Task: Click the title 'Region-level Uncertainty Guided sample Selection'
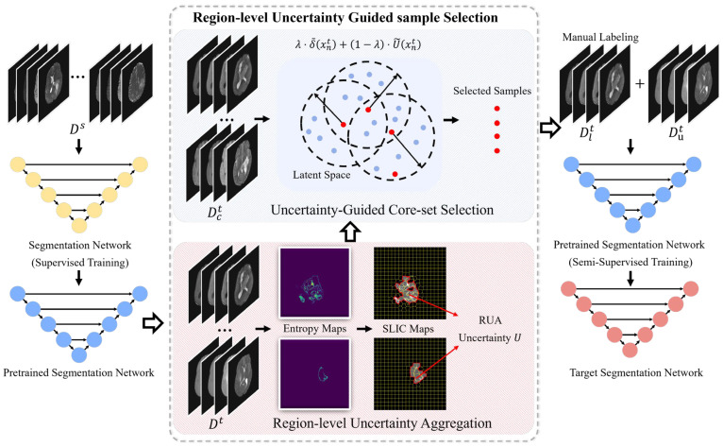point(345,18)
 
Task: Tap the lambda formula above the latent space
point(358,44)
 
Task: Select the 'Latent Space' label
point(321,175)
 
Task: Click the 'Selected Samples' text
point(492,91)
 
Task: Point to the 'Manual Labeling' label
point(600,38)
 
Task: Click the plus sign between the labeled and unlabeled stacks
point(640,84)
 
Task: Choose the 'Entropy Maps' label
point(314,329)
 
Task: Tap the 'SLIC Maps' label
point(408,329)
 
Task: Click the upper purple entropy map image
point(314,283)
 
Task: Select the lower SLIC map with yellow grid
point(410,374)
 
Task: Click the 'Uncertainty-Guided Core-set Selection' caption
point(382,210)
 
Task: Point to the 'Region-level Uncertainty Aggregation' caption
point(382,423)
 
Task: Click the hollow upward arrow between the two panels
point(350,232)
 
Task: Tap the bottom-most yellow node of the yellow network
point(79,226)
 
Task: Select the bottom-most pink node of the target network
point(630,350)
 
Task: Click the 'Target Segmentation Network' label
point(636,372)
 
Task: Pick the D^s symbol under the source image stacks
point(77,129)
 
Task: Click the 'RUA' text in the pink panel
point(490,320)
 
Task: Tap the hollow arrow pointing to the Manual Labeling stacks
point(549,128)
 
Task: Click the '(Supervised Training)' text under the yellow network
point(80,263)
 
